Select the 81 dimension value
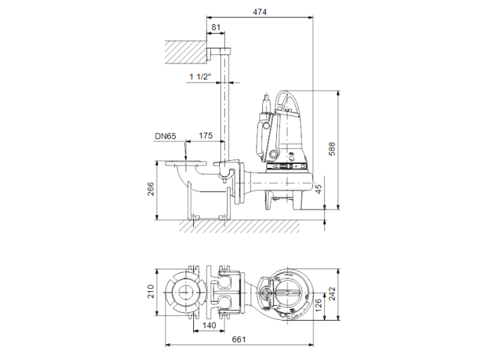click(216, 27)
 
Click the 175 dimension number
click(205, 136)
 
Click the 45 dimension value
click(318, 189)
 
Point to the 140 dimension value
click(209, 326)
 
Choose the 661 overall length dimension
click(239, 340)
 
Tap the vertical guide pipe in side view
click(226, 105)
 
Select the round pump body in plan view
click(285, 292)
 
